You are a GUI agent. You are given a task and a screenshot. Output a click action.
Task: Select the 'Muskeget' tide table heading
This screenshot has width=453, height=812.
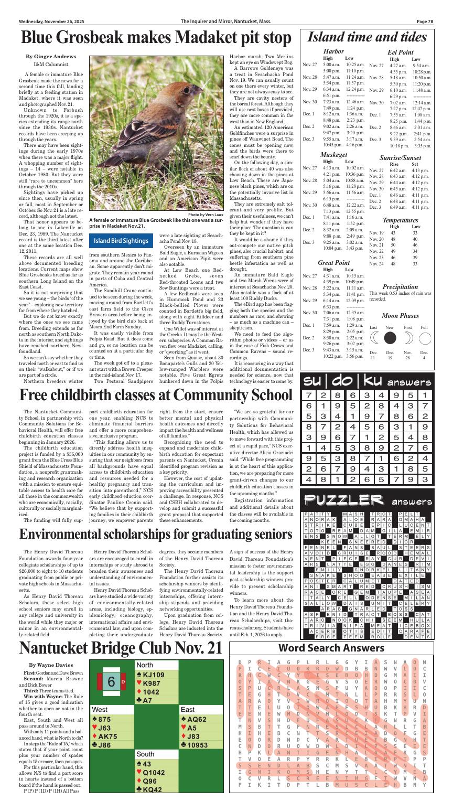333,155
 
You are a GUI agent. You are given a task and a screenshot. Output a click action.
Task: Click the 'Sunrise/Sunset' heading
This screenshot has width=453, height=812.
400,158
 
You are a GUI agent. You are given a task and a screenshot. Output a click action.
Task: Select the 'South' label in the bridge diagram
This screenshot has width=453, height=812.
145,754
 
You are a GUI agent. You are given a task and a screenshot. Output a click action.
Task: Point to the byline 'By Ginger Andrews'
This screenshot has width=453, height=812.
51,56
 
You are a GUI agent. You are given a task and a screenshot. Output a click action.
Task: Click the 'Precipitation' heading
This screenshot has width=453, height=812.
400,287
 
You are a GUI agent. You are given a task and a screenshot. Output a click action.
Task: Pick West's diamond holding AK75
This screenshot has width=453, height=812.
108,736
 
